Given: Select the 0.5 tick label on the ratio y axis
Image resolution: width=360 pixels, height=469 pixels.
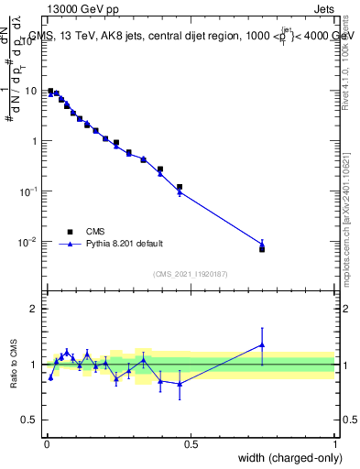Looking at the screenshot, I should click(31, 420).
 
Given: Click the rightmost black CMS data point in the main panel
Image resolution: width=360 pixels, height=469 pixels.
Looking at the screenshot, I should click(262, 249).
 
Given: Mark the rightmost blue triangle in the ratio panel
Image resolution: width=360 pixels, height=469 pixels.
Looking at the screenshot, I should click(262, 345).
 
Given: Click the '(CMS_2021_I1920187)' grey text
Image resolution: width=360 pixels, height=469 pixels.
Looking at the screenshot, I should click(191, 274).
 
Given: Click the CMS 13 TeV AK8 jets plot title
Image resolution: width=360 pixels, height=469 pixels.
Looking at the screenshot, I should click(191, 36).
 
